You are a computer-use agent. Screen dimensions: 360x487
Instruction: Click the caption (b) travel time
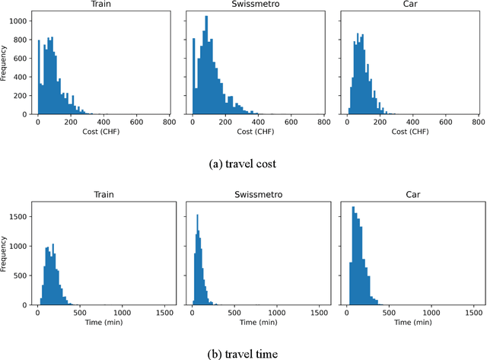[243, 352]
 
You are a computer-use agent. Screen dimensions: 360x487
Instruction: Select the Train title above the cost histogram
[103, 5]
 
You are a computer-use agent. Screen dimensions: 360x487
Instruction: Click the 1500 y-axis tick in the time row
[19, 216]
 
